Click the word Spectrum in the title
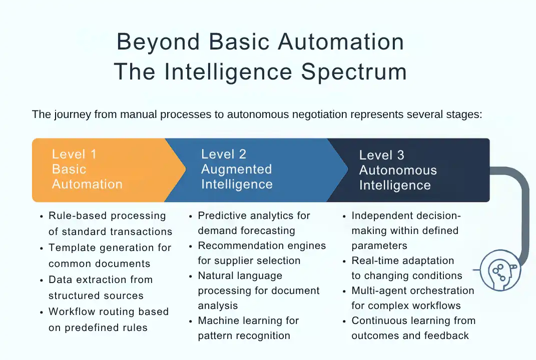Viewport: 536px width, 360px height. [354, 71]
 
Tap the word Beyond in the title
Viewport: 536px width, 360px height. [159, 41]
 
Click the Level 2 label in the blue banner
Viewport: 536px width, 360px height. [224, 154]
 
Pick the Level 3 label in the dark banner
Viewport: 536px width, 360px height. [381, 155]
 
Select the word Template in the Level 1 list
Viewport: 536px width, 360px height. [70, 248]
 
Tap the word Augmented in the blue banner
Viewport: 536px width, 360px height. [236, 169]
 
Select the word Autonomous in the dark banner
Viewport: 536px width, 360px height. [398, 170]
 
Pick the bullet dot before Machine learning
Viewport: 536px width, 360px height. [191, 321]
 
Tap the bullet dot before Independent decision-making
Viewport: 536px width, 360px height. [345, 216]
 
